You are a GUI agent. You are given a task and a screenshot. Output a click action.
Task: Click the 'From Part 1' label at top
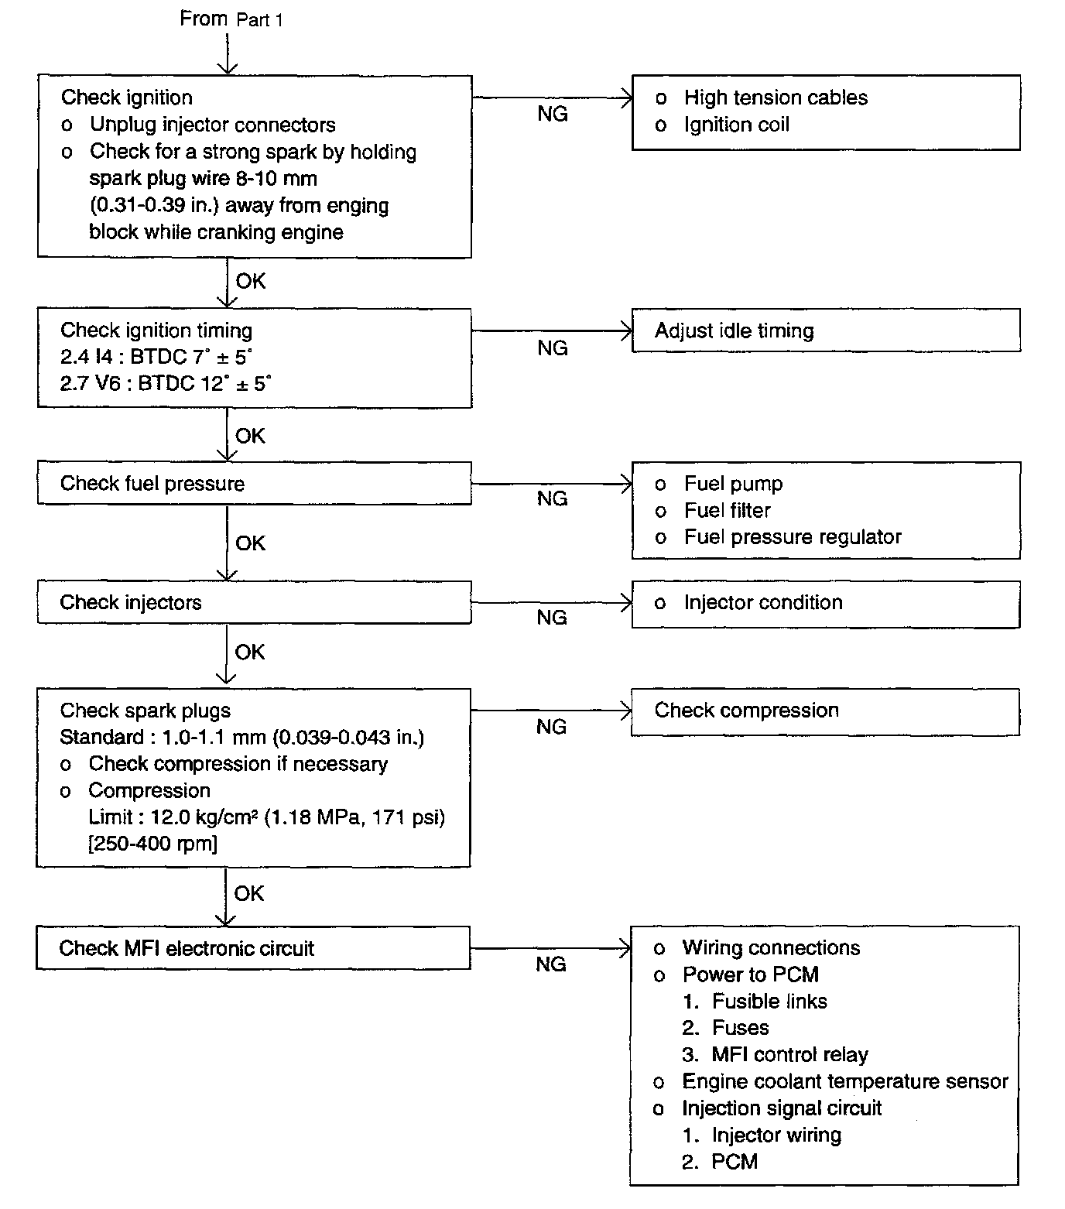(x=231, y=19)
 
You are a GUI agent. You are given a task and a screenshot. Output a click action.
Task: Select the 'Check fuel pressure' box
(x=254, y=484)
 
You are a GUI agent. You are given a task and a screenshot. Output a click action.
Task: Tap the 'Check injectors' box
(x=254, y=603)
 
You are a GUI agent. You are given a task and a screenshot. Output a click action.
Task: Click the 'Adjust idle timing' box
(x=825, y=331)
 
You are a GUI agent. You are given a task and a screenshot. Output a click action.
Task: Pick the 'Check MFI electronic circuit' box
(x=252, y=949)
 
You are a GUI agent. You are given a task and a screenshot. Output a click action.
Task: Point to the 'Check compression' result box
(x=825, y=711)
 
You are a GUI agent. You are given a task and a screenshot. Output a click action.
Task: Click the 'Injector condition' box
(x=825, y=604)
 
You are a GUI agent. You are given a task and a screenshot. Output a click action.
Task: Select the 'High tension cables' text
(x=776, y=98)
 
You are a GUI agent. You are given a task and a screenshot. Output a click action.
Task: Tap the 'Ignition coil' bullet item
(x=736, y=125)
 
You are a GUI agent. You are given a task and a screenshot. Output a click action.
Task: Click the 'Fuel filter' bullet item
(x=727, y=511)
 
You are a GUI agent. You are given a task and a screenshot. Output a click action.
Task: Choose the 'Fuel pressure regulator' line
(x=793, y=537)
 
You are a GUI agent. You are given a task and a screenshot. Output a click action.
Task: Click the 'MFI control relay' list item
(x=789, y=1055)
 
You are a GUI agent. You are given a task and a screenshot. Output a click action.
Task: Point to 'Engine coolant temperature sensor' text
(x=844, y=1082)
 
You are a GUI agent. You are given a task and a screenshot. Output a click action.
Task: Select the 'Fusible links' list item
(x=769, y=1002)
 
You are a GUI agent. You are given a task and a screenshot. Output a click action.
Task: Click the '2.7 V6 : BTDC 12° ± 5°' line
(x=166, y=384)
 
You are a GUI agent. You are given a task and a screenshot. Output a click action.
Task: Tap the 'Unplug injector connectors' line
(x=212, y=125)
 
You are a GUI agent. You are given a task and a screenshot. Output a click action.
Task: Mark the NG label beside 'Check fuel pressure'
(x=552, y=499)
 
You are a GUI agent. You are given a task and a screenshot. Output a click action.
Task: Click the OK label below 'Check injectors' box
(x=250, y=652)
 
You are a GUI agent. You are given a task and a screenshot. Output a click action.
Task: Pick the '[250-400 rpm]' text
(x=153, y=844)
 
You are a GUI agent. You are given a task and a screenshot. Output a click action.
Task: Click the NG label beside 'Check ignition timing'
(x=553, y=348)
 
